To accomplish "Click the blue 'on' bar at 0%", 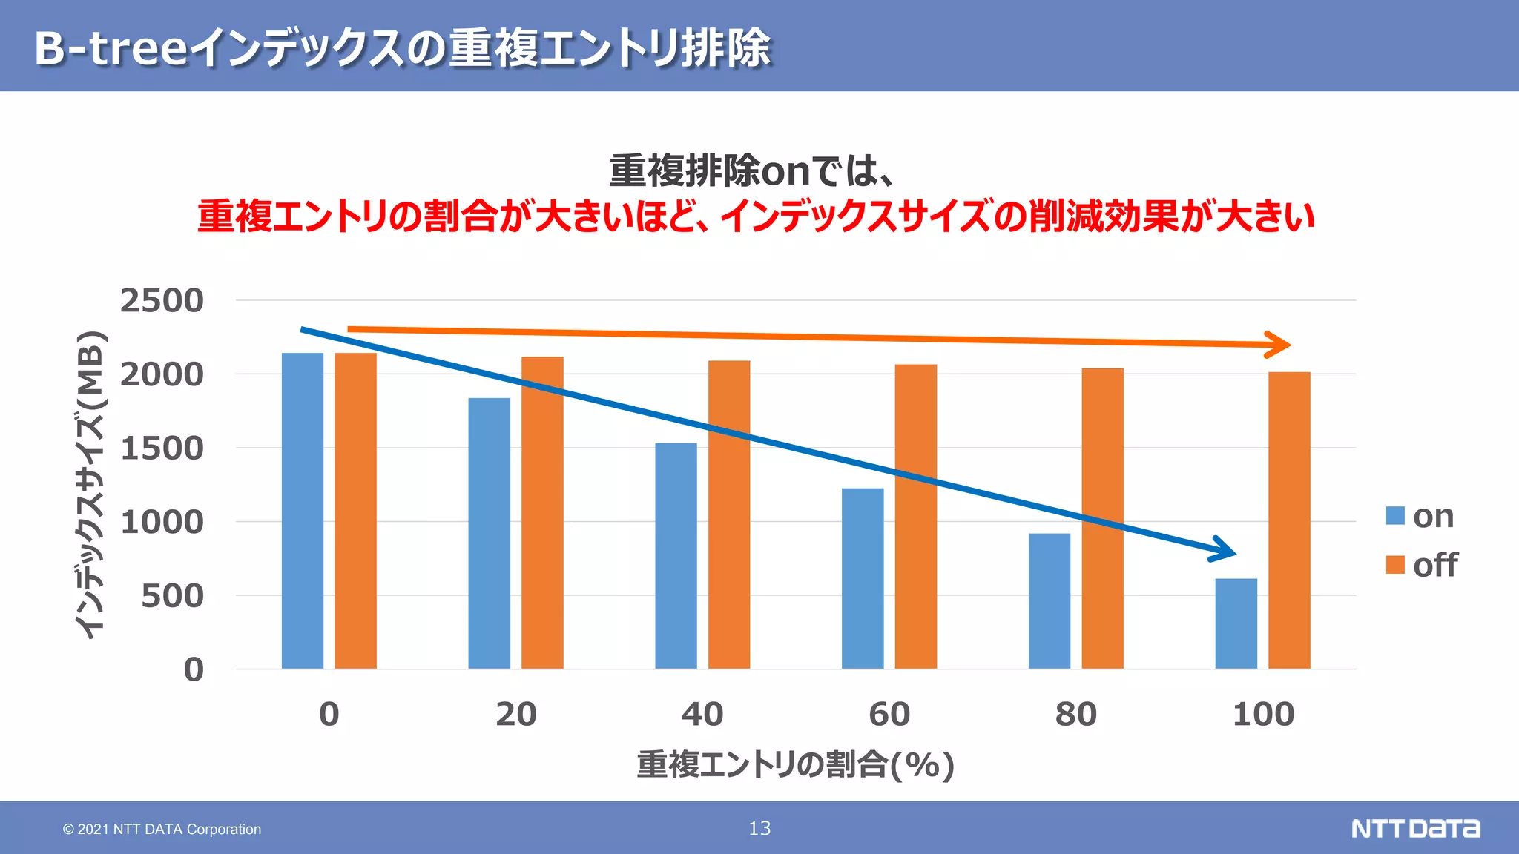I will pyautogui.click(x=303, y=511).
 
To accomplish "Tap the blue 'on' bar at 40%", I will pyautogui.click(x=676, y=556).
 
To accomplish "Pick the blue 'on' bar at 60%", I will pyautogui.click(x=863, y=578).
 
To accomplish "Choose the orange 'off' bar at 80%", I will pyautogui.click(x=1102, y=518).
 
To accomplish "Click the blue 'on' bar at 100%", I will pyautogui.click(x=1236, y=623).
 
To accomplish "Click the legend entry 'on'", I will pyautogui.click(x=1420, y=516).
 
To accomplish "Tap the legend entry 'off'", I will pyautogui.click(x=1421, y=565).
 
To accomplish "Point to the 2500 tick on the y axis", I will pyautogui.click(x=162, y=301).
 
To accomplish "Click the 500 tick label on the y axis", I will pyautogui.click(x=172, y=596).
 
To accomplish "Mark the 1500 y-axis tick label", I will pyautogui.click(x=162, y=448).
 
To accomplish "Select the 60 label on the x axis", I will pyautogui.click(x=889, y=715).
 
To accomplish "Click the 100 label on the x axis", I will pyautogui.click(x=1263, y=715).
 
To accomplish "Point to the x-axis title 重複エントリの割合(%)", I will pyautogui.click(x=795, y=765).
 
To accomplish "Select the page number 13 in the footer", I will pyautogui.click(x=759, y=828).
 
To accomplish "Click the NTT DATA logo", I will pyautogui.click(x=1414, y=828).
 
